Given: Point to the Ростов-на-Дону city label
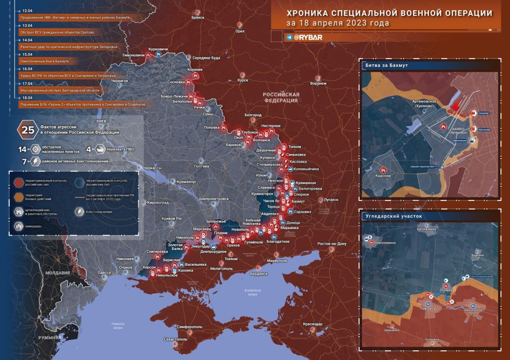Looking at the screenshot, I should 331,244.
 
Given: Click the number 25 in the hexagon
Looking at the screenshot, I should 27,130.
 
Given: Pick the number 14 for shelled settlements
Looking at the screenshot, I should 22,149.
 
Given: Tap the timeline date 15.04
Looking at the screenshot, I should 24,55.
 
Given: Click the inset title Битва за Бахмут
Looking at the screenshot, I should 386,66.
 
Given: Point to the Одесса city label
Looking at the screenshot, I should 104,272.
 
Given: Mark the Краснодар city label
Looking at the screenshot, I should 312,324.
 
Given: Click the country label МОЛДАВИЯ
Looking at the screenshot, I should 57,273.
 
